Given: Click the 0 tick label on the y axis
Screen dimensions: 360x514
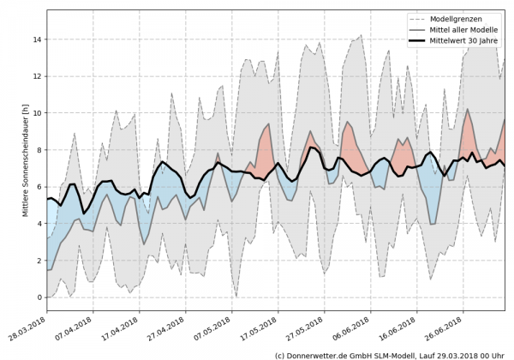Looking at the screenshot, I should point(38,297).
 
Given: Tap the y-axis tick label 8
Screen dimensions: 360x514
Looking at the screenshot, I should point(38,150).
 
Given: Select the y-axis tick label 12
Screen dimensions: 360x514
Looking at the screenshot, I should point(36,76).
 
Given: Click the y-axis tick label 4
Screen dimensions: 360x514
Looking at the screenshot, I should point(38,224).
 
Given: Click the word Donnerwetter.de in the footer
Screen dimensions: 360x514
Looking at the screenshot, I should point(320,354).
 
